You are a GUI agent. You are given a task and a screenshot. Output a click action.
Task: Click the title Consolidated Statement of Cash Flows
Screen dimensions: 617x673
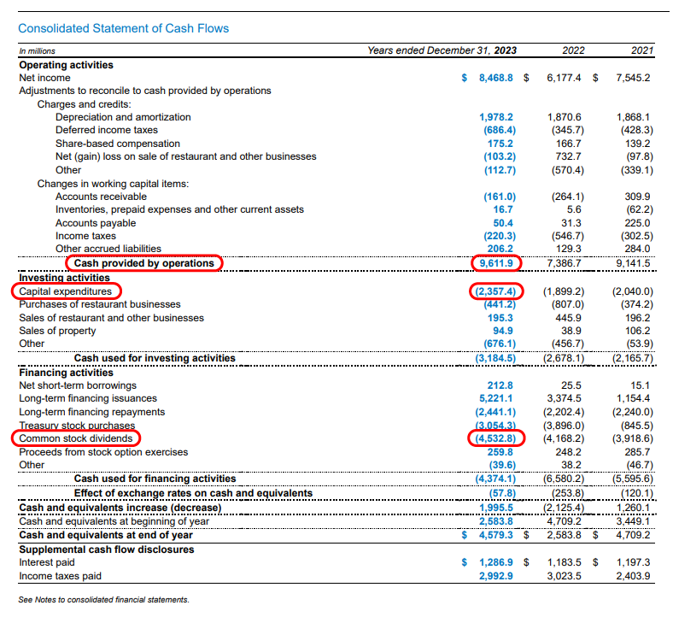[124, 28]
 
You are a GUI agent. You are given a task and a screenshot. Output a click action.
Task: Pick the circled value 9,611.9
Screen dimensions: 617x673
[497, 263]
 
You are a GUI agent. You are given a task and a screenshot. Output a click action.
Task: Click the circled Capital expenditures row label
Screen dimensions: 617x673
[65, 291]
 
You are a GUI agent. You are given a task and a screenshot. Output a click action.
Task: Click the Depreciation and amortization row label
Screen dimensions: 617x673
[123, 117]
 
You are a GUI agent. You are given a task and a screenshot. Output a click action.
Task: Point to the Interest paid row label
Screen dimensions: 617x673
[47, 563]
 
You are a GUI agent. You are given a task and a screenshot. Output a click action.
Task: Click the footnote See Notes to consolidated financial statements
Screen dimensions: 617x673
[103, 600]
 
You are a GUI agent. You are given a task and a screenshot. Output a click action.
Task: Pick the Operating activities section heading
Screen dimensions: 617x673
[66, 65]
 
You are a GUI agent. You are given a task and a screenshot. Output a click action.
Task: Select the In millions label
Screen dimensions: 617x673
[36, 51]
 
